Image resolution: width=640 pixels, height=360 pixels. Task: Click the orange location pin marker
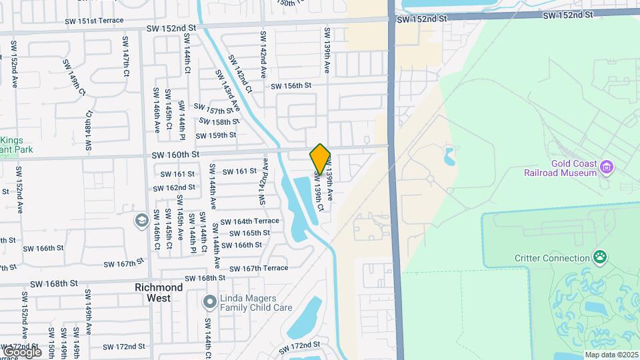(320, 159)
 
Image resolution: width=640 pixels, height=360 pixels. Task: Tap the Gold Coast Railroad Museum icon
(606, 166)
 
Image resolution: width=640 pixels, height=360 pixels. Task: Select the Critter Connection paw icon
(601, 257)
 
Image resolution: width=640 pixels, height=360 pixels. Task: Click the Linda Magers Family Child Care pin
(209, 303)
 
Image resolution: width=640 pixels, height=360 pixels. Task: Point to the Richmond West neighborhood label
(159, 293)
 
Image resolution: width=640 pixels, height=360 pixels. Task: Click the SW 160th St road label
(175, 155)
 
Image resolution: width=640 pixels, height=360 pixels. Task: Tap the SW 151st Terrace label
(95, 20)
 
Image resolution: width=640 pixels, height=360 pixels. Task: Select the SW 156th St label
(291, 85)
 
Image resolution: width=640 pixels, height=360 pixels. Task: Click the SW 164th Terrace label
(247, 221)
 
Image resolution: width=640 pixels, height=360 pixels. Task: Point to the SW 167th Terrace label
(259, 268)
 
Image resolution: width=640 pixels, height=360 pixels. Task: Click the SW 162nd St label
(173, 187)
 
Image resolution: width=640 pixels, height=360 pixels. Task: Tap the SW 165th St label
(249, 233)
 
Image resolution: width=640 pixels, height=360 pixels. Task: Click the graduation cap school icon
(141, 221)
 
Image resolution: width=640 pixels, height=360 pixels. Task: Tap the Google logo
(21, 351)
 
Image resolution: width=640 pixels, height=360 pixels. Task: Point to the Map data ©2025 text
(611, 355)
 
